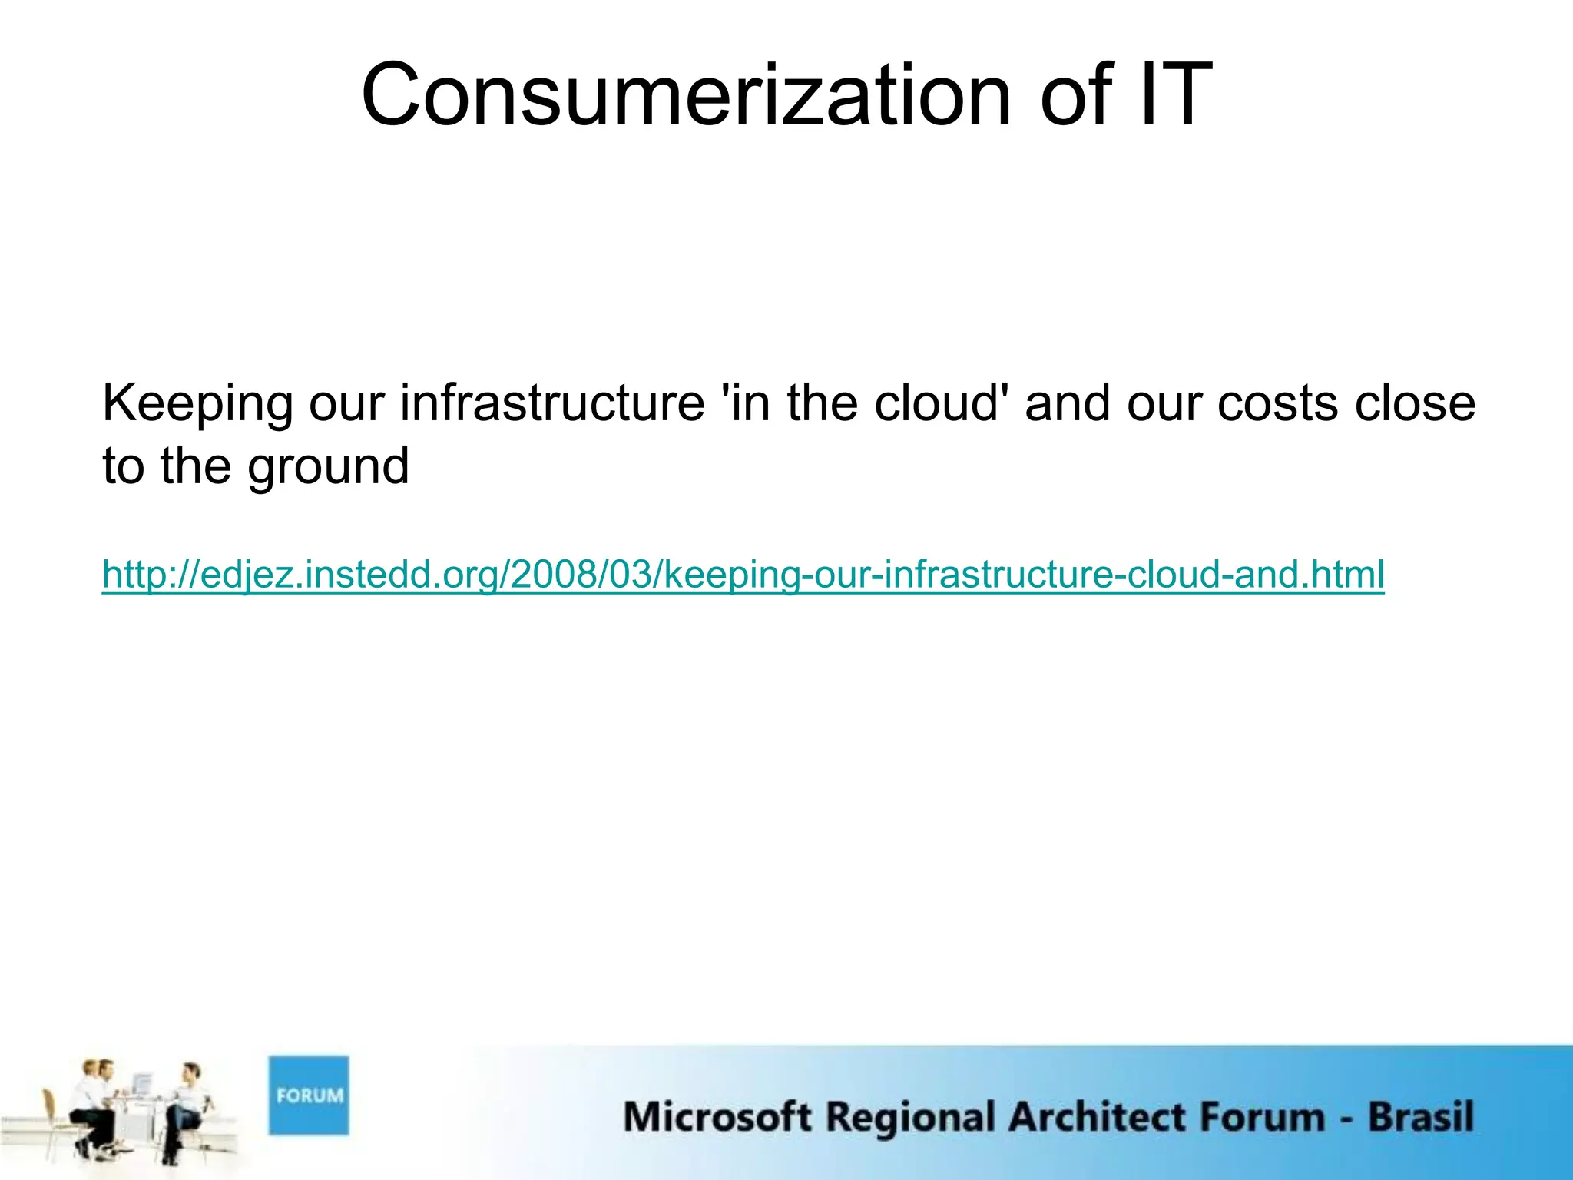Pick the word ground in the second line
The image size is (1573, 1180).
point(328,467)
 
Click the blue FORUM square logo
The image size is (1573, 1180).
point(308,1095)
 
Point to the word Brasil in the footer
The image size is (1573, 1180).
point(1420,1116)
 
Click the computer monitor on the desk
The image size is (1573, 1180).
point(142,1084)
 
